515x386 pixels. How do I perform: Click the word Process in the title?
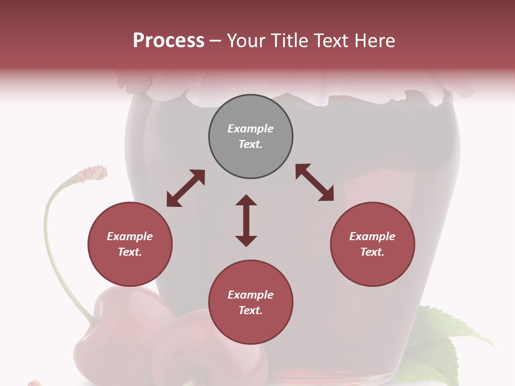coord(168,41)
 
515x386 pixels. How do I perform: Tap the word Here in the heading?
coord(375,41)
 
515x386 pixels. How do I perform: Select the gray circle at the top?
coord(251,136)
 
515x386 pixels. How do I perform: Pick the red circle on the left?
coord(130,244)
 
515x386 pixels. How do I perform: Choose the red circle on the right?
coord(372,244)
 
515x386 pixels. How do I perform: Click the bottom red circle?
coord(251,302)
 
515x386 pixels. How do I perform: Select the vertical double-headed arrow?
coord(246,220)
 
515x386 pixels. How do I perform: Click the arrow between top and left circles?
coord(186,188)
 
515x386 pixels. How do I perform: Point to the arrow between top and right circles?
coord(314,182)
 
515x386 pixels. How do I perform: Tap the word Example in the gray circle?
coord(251,129)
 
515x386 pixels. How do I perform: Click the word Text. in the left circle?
coord(130,252)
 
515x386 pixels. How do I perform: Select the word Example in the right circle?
coord(372,236)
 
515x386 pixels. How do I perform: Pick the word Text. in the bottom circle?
coord(251,310)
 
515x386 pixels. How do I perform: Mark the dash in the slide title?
coord(216,41)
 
